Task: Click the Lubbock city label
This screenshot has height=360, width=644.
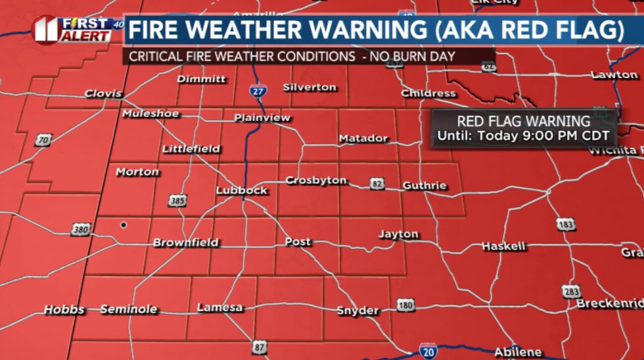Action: point(242,191)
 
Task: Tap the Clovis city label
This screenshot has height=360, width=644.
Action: point(103,94)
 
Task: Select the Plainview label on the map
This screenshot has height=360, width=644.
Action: point(262,118)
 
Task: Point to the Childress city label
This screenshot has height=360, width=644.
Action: point(428,93)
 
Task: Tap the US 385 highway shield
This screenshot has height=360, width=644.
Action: point(177,200)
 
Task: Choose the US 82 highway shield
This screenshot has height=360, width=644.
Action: point(377,184)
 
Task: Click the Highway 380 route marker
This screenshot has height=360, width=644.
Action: point(81,230)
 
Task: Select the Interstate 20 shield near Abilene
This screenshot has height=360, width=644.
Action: point(427,349)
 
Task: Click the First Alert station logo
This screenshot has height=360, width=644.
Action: point(72,30)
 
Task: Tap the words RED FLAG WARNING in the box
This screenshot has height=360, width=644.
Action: point(524,122)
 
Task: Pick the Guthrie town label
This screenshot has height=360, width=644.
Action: point(425,186)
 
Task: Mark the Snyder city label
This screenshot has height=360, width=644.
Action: point(357,311)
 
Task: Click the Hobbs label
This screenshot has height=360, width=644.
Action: point(64,309)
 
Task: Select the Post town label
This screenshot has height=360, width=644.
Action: point(298,242)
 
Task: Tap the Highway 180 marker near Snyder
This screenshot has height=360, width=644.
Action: point(405,305)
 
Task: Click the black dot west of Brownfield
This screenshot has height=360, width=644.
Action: point(123,225)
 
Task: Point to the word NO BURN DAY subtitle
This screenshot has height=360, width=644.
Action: point(411,56)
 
